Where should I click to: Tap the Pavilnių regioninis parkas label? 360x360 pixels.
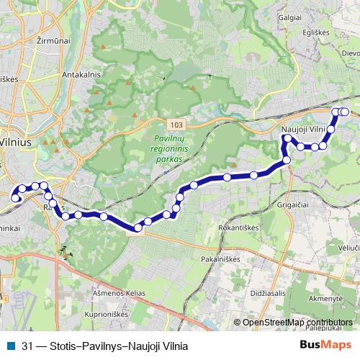(170, 145)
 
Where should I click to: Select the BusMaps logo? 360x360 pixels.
(325, 346)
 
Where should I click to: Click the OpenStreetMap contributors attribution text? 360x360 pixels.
(297, 322)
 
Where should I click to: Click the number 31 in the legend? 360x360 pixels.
(27, 346)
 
